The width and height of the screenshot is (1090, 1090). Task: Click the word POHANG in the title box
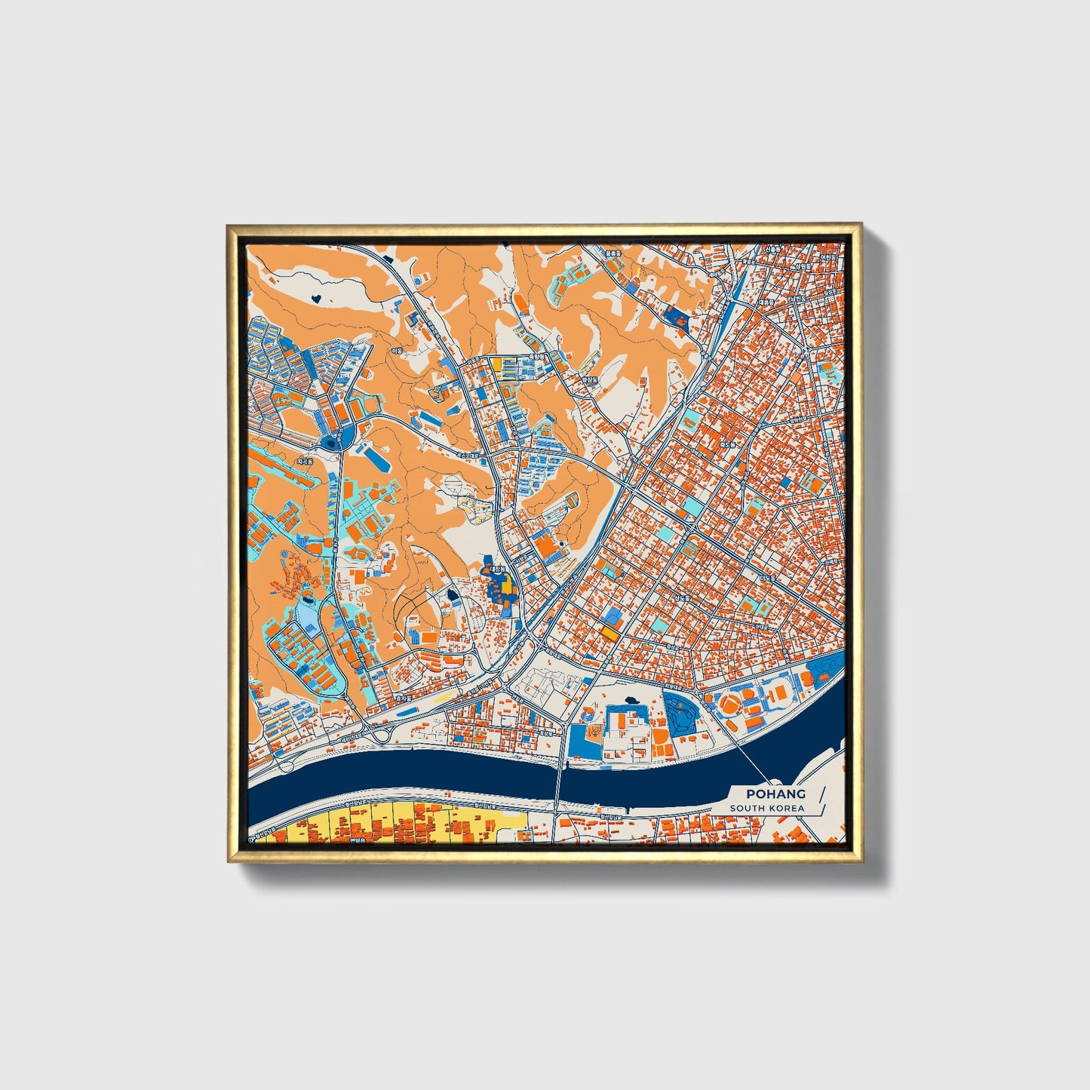pos(775,794)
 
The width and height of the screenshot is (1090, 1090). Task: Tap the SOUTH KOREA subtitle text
pos(766,808)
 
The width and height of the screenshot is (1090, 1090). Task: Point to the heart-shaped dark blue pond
pos(316,298)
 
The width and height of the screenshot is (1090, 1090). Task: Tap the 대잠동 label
pos(498,568)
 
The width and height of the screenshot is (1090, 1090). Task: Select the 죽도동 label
pos(727,446)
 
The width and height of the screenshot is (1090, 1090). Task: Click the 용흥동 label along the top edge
pos(613,253)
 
